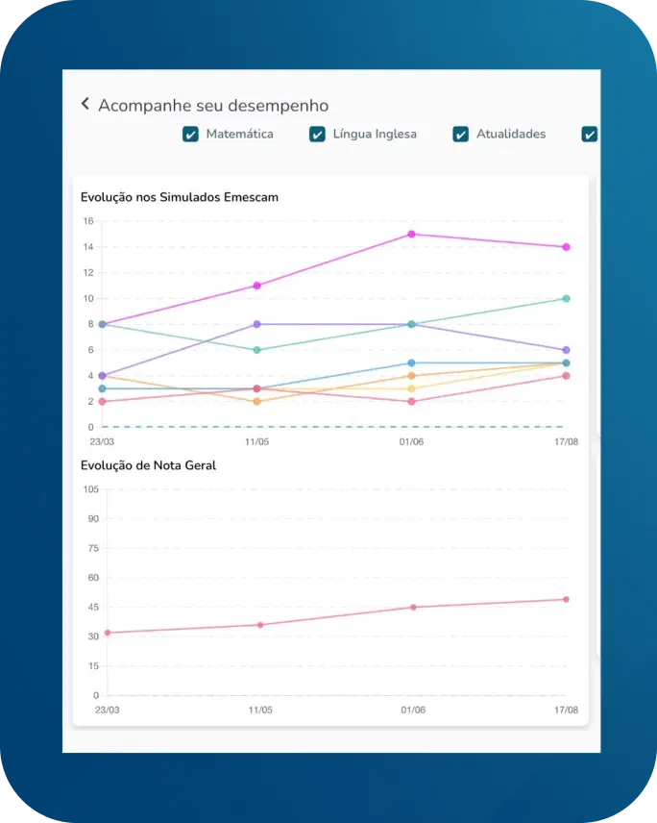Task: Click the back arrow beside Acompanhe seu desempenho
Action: pyautogui.click(x=85, y=104)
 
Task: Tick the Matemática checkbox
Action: pyautogui.click(x=190, y=134)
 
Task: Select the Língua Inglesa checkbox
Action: pyautogui.click(x=317, y=134)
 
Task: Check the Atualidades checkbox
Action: pyautogui.click(x=461, y=134)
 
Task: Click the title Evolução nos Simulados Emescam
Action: pyautogui.click(x=180, y=197)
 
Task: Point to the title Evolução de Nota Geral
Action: pyautogui.click(x=149, y=465)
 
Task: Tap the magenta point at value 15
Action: pyautogui.click(x=411, y=234)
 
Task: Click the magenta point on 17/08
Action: pyautogui.click(x=566, y=247)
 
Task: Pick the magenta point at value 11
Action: pyautogui.click(x=256, y=286)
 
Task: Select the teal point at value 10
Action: pyautogui.click(x=566, y=298)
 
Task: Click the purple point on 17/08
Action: pyautogui.click(x=566, y=350)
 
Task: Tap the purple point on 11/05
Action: pyautogui.click(x=256, y=324)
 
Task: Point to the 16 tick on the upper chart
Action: pyautogui.click(x=87, y=221)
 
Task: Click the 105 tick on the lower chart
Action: pyautogui.click(x=90, y=489)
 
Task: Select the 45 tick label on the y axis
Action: pyautogui.click(x=92, y=607)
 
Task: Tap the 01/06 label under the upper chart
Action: pyautogui.click(x=411, y=441)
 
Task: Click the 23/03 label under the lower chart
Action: pyautogui.click(x=107, y=711)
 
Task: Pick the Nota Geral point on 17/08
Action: pyautogui.click(x=566, y=599)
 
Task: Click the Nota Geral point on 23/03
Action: pyautogui.click(x=107, y=633)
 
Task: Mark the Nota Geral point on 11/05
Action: pyautogui.click(x=259, y=625)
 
